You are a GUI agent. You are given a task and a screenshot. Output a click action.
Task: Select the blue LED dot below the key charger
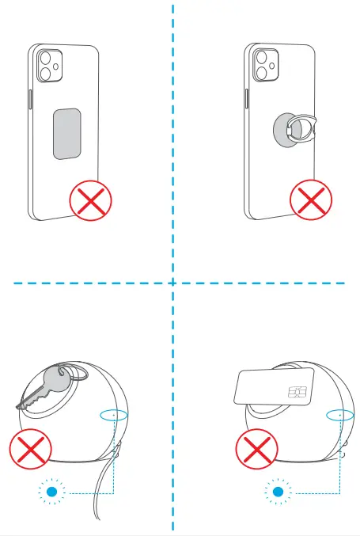click(52, 492)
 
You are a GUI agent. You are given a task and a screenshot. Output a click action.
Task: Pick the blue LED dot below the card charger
click(278, 492)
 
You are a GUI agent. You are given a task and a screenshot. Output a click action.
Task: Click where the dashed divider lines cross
click(172, 282)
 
